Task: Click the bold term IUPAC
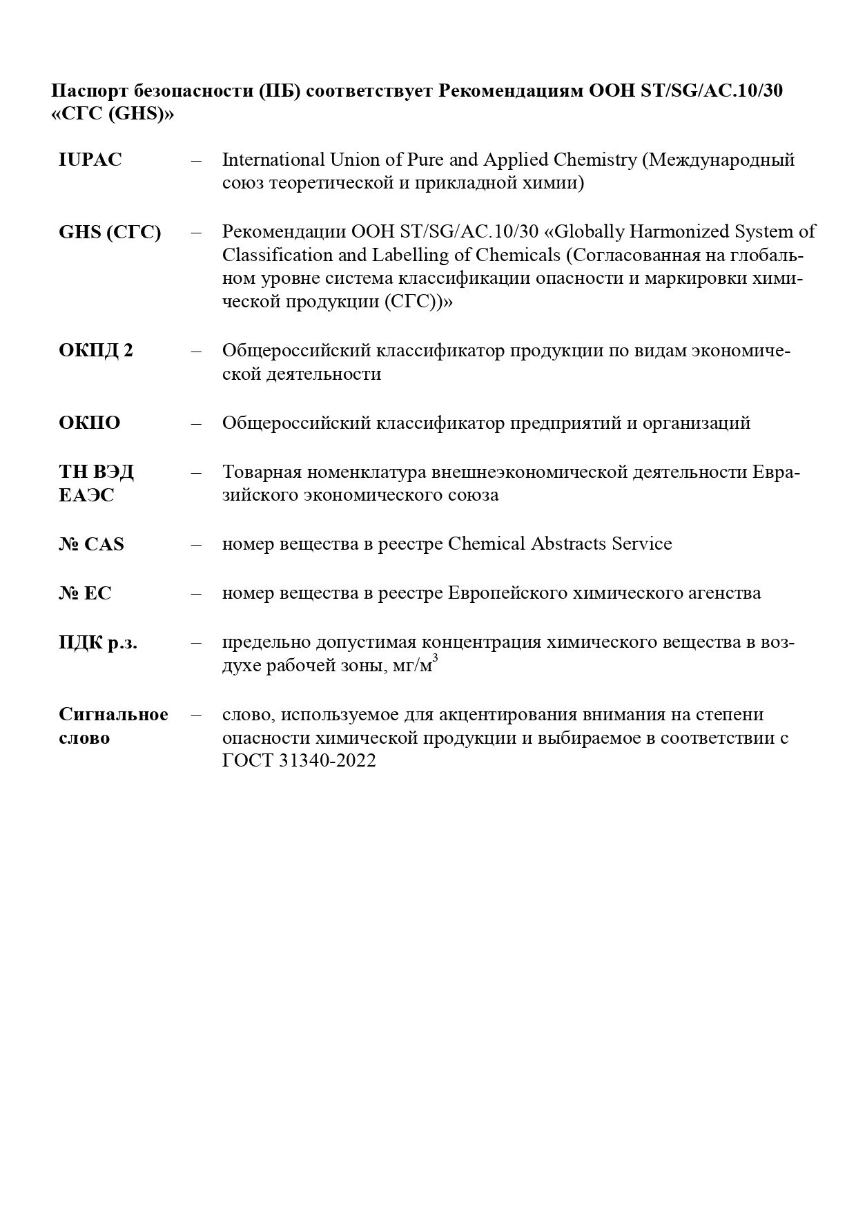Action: click(90, 160)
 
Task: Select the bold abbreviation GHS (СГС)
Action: click(110, 232)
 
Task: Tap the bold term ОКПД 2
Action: click(96, 351)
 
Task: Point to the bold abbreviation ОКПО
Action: click(89, 423)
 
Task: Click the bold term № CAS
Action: click(91, 544)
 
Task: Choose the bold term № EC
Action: click(85, 593)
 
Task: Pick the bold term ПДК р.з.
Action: click(98, 643)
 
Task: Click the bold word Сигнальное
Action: click(113, 714)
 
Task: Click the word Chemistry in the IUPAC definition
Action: click(594, 160)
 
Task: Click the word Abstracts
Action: click(568, 544)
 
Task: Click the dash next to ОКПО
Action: click(197, 423)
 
